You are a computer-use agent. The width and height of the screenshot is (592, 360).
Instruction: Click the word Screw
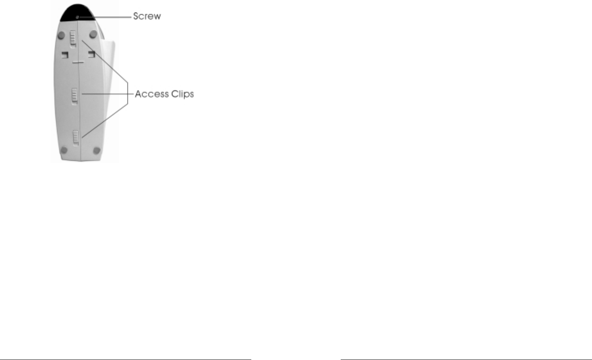[x=147, y=17]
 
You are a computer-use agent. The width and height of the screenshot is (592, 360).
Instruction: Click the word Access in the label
[x=151, y=94]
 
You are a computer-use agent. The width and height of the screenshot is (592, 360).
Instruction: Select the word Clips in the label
[x=182, y=94]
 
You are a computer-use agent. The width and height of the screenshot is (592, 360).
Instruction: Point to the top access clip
[x=73, y=38]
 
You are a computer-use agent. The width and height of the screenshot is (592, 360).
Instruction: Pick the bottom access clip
[x=75, y=138]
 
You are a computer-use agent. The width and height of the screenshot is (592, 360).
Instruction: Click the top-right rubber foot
[x=93, y=33]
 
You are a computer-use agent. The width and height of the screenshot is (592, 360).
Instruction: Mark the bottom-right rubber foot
[x=96, y=151]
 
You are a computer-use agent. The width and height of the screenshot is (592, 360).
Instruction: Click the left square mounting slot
[x=64, y=54]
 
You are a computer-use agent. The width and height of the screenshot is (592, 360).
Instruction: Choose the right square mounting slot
[x=92, y=54]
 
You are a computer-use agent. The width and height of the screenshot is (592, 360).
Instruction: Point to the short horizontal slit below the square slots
[x=78, y=63]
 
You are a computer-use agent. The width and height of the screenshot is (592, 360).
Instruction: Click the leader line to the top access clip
[x=105, y=61]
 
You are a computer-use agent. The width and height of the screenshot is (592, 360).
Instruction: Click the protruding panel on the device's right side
[x=108, y=69]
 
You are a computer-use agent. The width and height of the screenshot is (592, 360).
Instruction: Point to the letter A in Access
[x=138, y=94]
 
